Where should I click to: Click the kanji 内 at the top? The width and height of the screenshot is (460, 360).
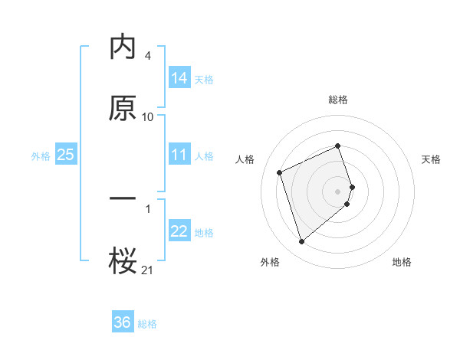click(x=123, y=47)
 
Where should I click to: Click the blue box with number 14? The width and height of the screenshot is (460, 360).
click(x=179, y=77)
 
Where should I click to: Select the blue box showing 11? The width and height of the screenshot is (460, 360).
click(x=179, y=155)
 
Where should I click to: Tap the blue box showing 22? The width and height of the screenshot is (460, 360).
click(x=179, y=231)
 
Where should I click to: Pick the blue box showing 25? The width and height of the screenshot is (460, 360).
click(x=66, y=155)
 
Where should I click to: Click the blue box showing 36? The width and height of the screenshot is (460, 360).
click(x=123, y=322)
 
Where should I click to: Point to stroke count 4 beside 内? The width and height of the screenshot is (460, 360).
click(x=147, y=56)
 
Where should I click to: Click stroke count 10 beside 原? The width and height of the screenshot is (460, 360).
click(x=148, y=117)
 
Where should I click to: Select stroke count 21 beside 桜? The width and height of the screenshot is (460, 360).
click(x=148, y=269)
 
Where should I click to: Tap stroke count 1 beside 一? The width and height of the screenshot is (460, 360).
click(x=147, y=208)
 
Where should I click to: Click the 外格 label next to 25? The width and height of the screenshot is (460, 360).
click(x=41, y=155)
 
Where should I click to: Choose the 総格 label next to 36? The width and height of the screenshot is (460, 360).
click(x=147, y=324)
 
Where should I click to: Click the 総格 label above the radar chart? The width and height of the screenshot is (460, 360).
click(x=338, y=100)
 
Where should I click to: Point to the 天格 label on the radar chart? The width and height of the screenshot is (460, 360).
click(x=431, y=159)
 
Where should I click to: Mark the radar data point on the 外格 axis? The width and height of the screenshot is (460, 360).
click(x=301, y=242)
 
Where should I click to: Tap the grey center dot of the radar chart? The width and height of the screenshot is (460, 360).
click(x=338, y=190)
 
